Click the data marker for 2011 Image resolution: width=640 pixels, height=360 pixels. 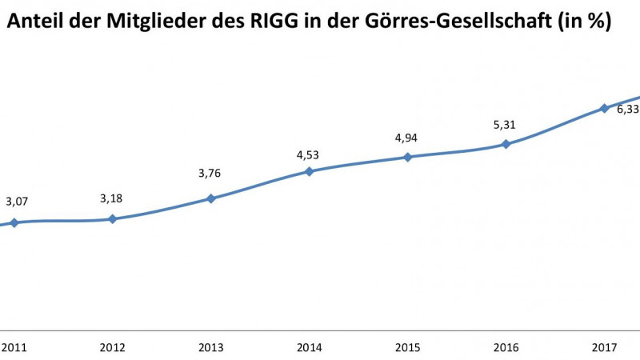pos(14,222)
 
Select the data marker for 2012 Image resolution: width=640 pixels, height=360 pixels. pos(112,218)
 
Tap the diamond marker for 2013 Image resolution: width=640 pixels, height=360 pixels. pos(210,198)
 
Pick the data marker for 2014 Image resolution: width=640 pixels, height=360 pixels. pos(309,170)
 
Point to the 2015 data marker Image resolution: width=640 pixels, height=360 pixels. pos(407,157)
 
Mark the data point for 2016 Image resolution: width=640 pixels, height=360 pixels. pos(506,144)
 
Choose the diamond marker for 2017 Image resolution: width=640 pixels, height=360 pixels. pos(604,107)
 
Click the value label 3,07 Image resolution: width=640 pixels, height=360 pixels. pos(18,202)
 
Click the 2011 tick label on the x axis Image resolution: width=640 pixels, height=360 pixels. pos(14,348)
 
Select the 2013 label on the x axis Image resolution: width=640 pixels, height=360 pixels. pos(210,348)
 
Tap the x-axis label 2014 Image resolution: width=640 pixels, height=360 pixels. pos(309,348)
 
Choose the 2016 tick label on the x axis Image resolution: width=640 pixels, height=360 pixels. pos(506,348)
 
